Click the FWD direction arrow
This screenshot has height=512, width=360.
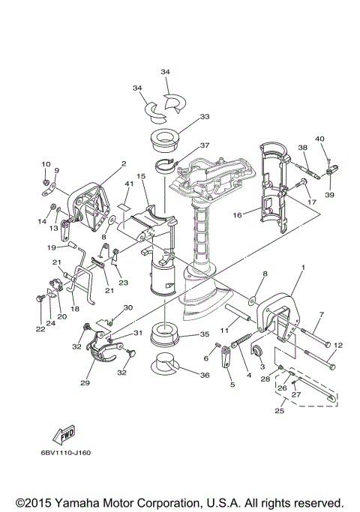click(x=64, y=434)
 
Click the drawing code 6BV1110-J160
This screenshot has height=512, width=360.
click(x=66, y=453)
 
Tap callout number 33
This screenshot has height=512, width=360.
click(x=205, y=117)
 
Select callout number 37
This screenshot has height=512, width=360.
click(x=205, y=145)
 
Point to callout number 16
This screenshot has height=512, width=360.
click(x=238, y=215)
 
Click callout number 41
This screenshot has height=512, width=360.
click(x=129, y=184)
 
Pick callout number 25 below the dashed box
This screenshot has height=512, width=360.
click(x=279, y=411)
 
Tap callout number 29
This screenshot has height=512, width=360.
click(x=85, y=382)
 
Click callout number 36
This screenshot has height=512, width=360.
click(x=205, y=375)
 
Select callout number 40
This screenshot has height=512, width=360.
click(x=319, y=139)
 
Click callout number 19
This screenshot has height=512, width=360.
click(x=51, y=247)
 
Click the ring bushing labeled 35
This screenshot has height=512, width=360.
click(x=165, y=334)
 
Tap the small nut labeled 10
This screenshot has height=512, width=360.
click(x=46, y=181)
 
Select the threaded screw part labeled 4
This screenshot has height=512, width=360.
click(x=242, y=340)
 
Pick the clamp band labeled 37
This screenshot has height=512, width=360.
click(x=166, y=165)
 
